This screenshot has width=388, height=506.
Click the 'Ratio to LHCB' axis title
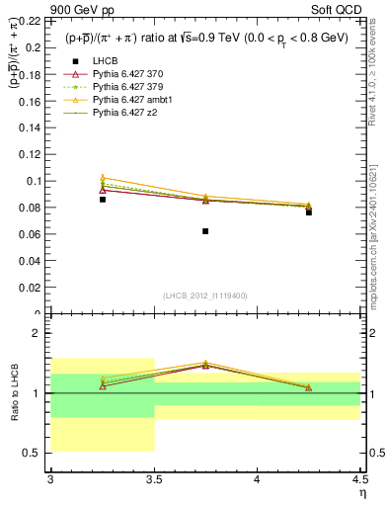pos(14,393)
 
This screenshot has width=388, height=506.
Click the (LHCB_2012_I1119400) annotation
pos(205,295)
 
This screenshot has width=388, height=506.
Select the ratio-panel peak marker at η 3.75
pos(205,364)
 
